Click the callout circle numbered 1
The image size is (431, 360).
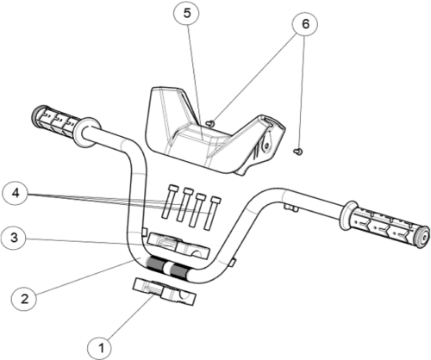click(99, 349)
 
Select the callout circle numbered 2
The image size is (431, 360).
click(24, 299)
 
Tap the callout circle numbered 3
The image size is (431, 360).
click(14, 238)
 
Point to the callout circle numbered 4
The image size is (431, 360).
click(16, 193)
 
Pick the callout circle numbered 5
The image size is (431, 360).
click(187, 13)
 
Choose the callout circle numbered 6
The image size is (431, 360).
click(305, 24)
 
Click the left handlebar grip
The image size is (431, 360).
click(54, 121)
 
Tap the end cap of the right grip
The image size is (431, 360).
click(423, 236)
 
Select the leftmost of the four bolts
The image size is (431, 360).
click(169, 202)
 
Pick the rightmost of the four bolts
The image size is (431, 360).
click(211, 213)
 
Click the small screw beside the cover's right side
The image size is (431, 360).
click(298, 152)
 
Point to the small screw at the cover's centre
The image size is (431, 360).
click(210, 123)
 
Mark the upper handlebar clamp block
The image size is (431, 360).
click(178, 245)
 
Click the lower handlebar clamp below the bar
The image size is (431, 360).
click(164, 291)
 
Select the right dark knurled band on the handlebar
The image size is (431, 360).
click(180, 272)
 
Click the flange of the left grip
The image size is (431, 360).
click(87, 133)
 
